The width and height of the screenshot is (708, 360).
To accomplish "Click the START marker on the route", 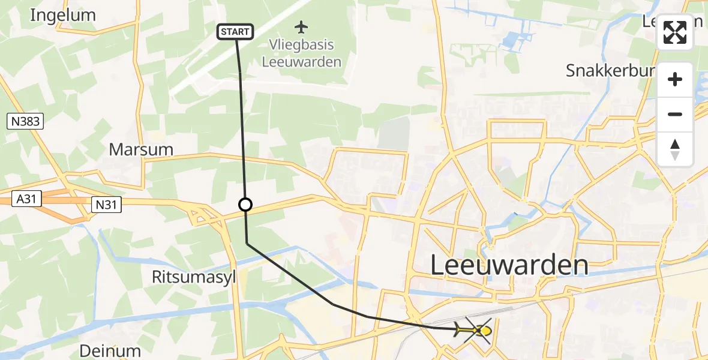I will click(236, 32).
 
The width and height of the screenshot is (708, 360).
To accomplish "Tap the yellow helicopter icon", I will click(473, 330).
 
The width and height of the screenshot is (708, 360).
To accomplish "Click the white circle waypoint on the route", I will click(245, 205).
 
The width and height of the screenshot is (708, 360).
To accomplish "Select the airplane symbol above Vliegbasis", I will click(301, 27).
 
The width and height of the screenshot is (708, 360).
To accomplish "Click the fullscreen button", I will click(675, 32).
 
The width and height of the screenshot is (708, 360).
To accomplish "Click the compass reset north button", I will click(675, 149).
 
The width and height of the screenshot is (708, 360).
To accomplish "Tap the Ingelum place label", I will click(62, 15).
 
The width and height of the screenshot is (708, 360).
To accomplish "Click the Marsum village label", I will click(141, 149).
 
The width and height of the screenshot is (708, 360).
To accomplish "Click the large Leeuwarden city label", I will click(509, 265).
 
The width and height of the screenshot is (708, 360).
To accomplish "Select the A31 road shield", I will click(28, 199).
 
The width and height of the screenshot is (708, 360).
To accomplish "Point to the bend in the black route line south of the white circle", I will click(247, 243).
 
